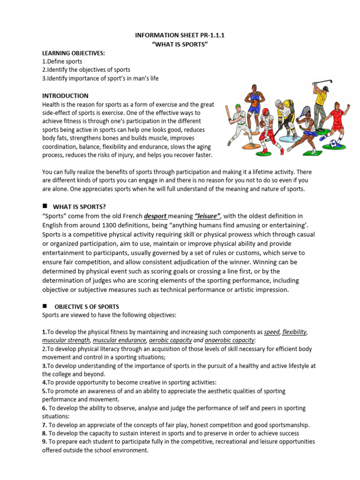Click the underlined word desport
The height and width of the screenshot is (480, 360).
point(155,216)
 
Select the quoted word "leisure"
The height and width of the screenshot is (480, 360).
point(207,216)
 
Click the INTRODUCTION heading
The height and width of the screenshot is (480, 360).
point(65,96)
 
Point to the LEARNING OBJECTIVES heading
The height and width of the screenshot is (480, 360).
point(74,53)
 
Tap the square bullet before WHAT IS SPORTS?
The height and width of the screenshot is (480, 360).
point(45,206)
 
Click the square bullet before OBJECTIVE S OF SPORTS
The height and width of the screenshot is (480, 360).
point(45,306)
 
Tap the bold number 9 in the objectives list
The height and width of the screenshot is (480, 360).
point(44,442)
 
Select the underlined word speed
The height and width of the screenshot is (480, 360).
point(271,332)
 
